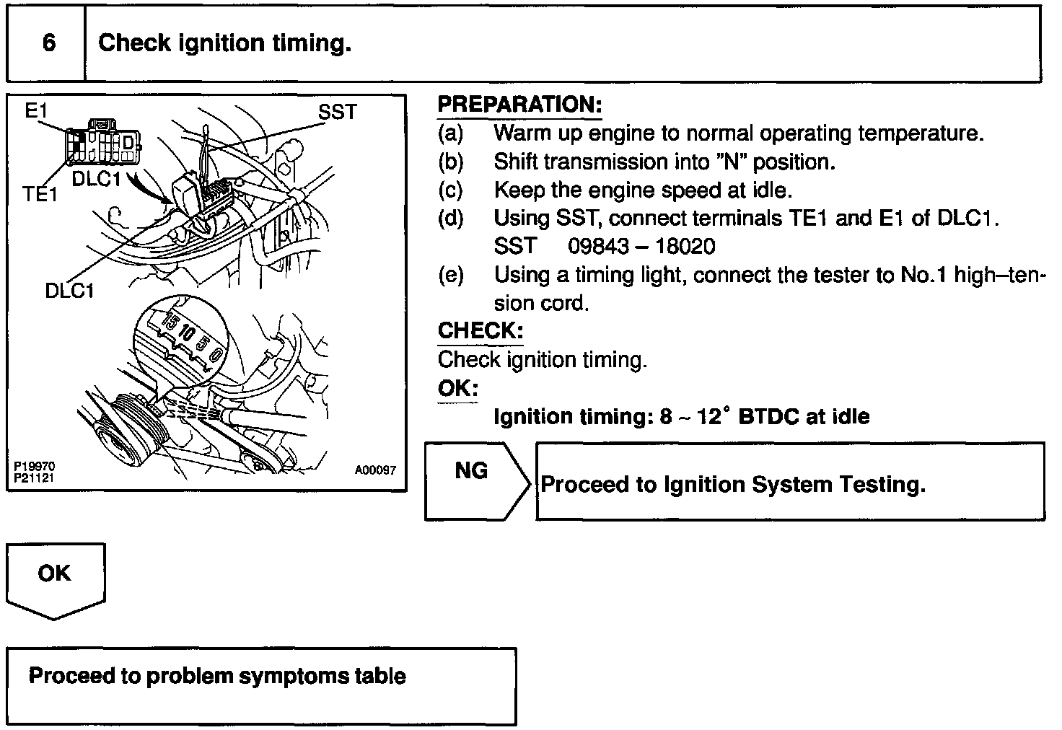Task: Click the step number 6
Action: tap(48, 43)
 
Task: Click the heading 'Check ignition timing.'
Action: tap(224, 43)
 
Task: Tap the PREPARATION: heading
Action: tap(519, 105)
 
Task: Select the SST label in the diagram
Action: tap(337, 112)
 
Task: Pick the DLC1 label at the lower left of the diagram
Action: tap(69, 290)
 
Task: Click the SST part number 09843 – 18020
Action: tap(641, 247)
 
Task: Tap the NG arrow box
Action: tap(476, 481)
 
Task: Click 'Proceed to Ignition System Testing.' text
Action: tap(732, 484)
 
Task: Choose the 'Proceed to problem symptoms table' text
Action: tap(217, 676)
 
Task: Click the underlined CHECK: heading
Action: tap(480, 331)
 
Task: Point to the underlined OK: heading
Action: tap(457, 388)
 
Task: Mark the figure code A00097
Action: tap(375, 470)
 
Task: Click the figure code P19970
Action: tap(34, 467)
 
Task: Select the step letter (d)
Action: tap(450, 218)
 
